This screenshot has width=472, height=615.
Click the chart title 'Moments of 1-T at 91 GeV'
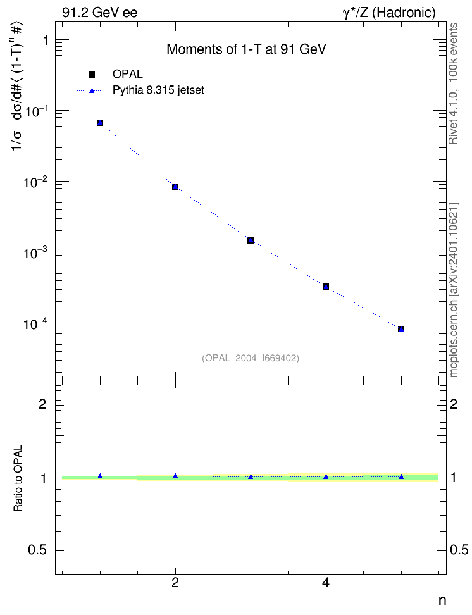(246, 49)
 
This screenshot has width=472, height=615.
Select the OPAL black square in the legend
(92, 74)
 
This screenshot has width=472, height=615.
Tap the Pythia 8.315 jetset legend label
(159, 90)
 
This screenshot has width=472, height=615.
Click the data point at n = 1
(100, 123)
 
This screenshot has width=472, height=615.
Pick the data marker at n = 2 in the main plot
(175, 187)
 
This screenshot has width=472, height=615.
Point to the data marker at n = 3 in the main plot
(251, 240)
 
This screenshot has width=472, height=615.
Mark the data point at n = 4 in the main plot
(326, 287)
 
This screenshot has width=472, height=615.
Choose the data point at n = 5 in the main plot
(401, 328)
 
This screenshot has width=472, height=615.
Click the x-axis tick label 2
(175, 583)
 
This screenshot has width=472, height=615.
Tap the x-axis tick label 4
(326, 583)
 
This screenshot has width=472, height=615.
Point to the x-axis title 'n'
(442, 600)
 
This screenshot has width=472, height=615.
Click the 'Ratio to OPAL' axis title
(18, 478)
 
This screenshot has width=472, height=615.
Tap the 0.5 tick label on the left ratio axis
(37, 550)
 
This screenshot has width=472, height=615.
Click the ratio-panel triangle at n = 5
(401, 476)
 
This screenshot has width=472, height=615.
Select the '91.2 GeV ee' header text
(100, 13)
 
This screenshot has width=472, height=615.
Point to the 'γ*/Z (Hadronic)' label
(389, 13)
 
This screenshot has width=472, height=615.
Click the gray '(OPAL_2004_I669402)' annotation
(251, 358)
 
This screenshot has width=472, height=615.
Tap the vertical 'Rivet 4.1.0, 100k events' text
(453, 84)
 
